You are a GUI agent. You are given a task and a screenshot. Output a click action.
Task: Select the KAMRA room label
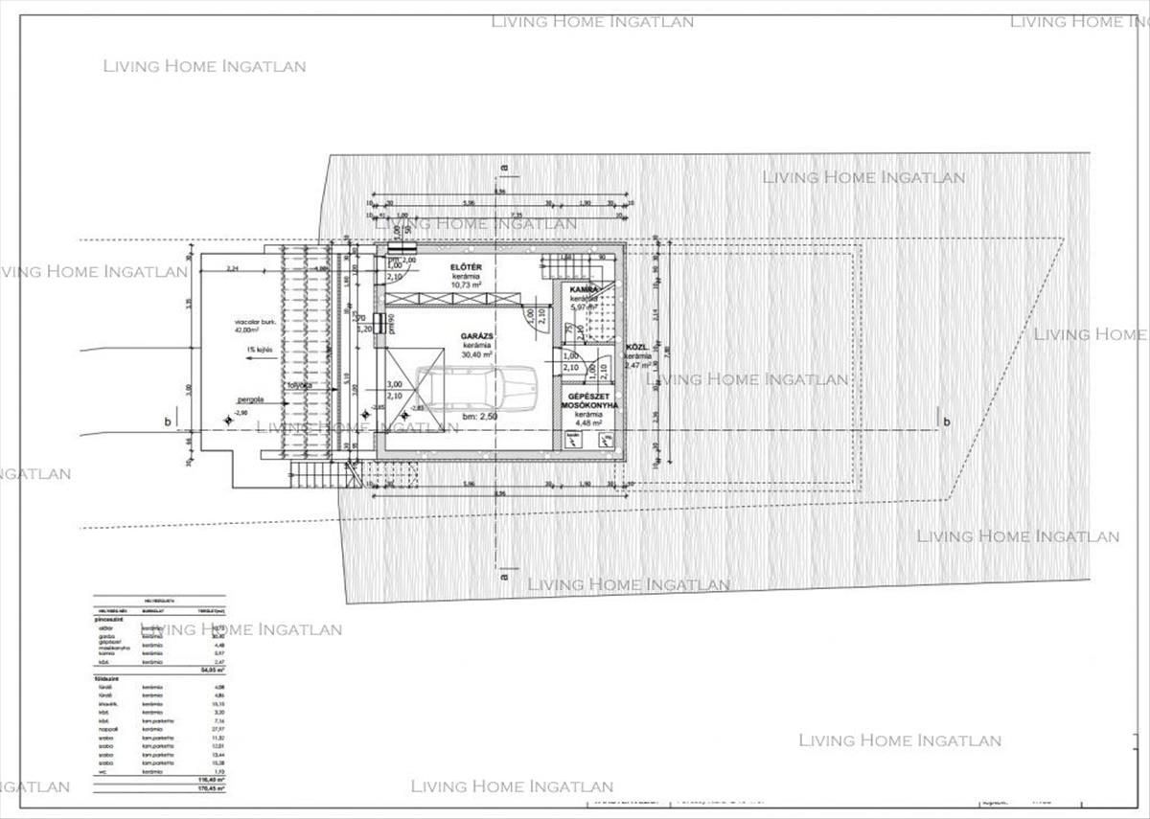tap(584, 288)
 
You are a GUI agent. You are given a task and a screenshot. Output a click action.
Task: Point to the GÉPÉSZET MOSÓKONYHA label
tap(590, 400)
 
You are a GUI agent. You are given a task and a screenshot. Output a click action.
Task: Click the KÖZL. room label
tap(638, 349)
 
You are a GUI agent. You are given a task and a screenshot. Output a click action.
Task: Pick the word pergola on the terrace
tap(251, 402)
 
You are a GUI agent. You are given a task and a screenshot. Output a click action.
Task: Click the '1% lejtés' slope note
tap(259, 350)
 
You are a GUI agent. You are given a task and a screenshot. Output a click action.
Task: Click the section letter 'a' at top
tap(503, 167)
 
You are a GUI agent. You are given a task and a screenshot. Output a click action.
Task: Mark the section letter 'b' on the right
tap(947, 421)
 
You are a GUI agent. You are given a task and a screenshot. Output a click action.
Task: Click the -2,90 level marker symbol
tap(228, 419)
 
